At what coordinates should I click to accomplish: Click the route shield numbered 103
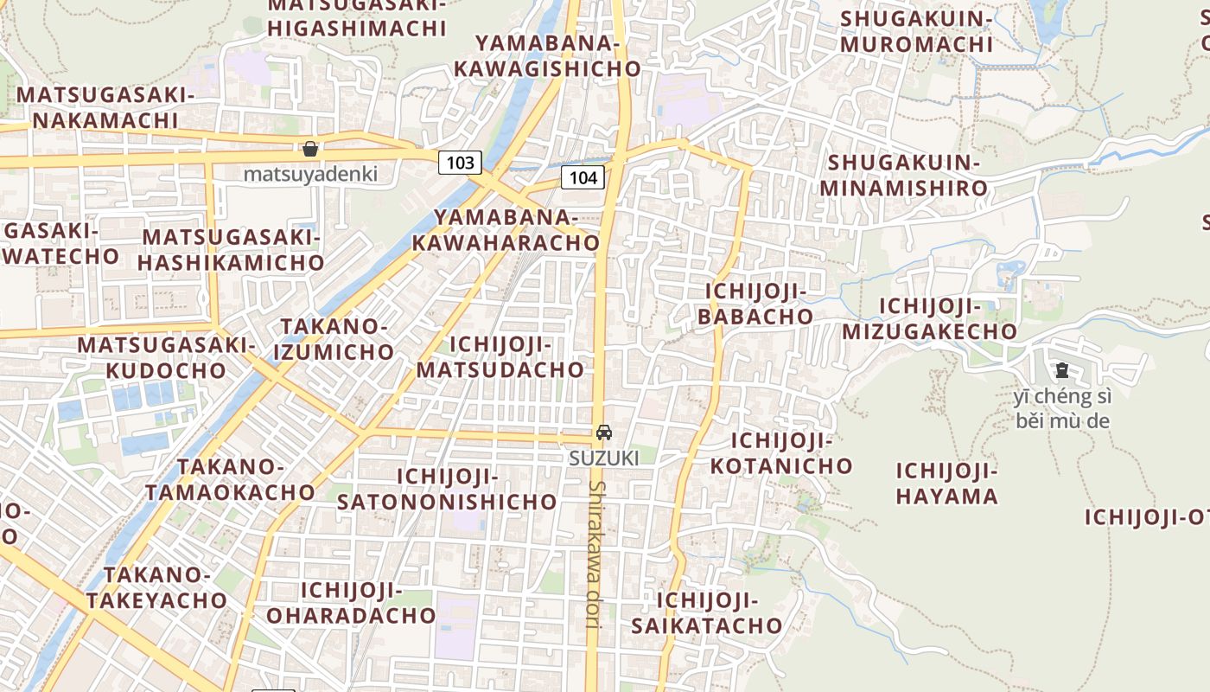tap(460, 162)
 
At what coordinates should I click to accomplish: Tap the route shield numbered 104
tap(583, 177)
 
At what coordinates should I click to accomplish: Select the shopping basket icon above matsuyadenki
tap(310, 149)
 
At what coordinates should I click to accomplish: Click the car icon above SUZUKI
tap(603, 432)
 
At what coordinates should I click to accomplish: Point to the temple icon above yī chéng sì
tap(1061, 371)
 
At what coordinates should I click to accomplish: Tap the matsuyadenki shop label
tap(310, 174)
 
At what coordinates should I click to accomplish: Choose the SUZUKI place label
tap(603, 458)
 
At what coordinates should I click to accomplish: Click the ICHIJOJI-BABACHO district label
tap(755, 304)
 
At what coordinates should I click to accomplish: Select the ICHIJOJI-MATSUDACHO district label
tap(500, 357)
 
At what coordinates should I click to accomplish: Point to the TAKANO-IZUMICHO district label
tap(334, 339)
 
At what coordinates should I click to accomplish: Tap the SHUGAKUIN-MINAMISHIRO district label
tap(903, 176)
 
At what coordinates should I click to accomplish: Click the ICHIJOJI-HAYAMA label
tap(946, 484)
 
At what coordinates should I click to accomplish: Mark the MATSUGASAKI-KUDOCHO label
tap(165, 357)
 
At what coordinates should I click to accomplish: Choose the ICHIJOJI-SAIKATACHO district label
tap(706, 612)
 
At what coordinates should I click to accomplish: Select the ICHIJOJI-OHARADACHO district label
tap(351, 603)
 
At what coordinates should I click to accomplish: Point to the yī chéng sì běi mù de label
tap(1062, 409)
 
